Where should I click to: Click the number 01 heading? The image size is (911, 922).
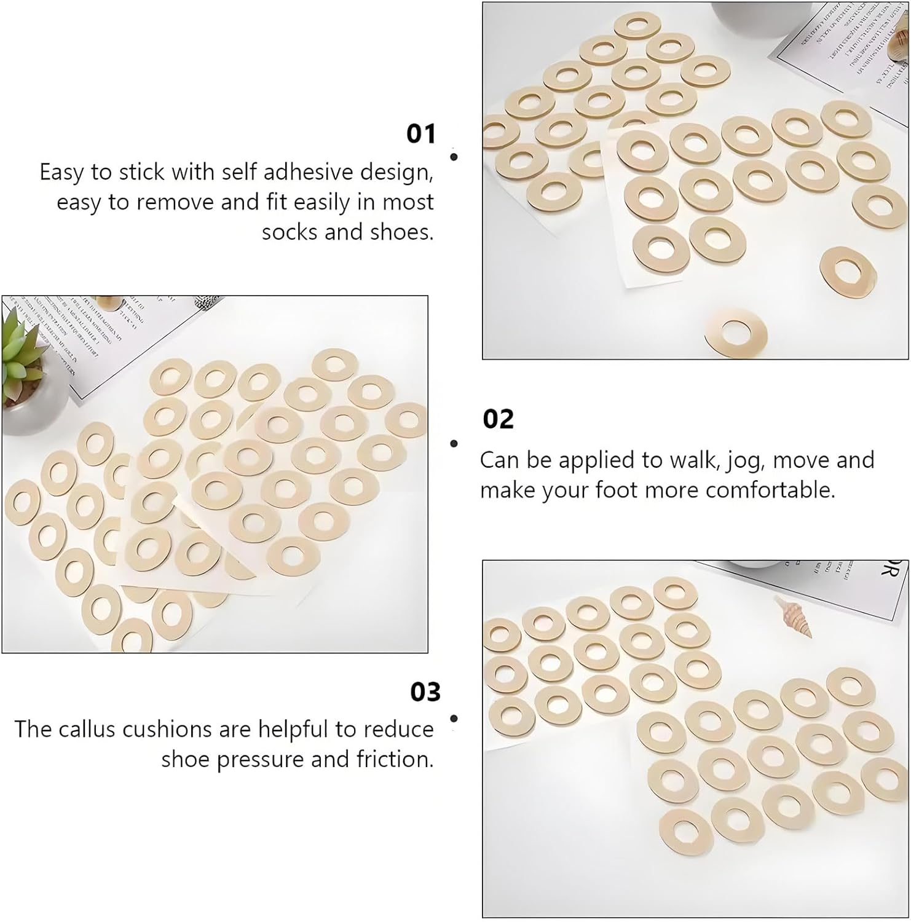[x=421, y=133]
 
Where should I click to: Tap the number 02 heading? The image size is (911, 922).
[x=498, y=419]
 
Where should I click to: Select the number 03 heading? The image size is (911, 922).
[x=425, y=692]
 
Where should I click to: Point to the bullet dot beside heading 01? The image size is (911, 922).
[x=454, y=157]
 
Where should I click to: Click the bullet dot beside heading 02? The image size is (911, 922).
[x=454, y=443]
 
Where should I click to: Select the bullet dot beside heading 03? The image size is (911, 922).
[x=454, y=718]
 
